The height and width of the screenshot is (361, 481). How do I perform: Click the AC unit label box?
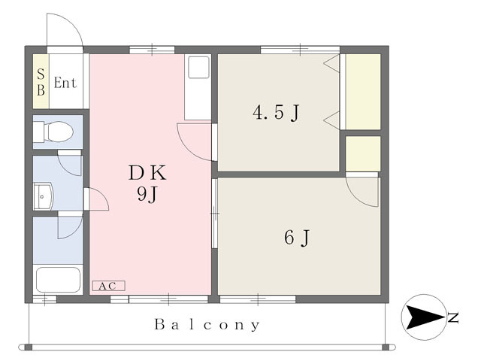108,286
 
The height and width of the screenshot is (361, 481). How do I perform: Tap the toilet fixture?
53,132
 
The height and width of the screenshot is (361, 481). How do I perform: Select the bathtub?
58,280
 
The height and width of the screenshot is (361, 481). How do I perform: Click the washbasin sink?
44,196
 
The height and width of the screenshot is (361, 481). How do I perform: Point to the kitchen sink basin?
198,67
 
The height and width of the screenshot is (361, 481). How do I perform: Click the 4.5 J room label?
276,113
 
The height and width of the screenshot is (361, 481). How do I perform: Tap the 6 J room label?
297,238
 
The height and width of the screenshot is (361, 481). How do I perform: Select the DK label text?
147,173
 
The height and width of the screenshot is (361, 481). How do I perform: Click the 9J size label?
147,194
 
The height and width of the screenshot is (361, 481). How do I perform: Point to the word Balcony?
207,325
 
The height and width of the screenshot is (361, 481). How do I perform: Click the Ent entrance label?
65,83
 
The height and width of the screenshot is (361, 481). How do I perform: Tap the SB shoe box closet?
41,81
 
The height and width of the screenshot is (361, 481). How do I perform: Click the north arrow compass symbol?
424,317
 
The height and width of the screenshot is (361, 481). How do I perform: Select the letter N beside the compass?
452,317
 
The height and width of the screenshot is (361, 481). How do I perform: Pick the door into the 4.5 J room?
197,142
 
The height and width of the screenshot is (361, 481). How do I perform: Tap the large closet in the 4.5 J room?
363,92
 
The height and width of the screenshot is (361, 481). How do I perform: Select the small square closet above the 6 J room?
363,153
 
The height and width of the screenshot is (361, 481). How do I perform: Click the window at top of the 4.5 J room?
300,49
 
